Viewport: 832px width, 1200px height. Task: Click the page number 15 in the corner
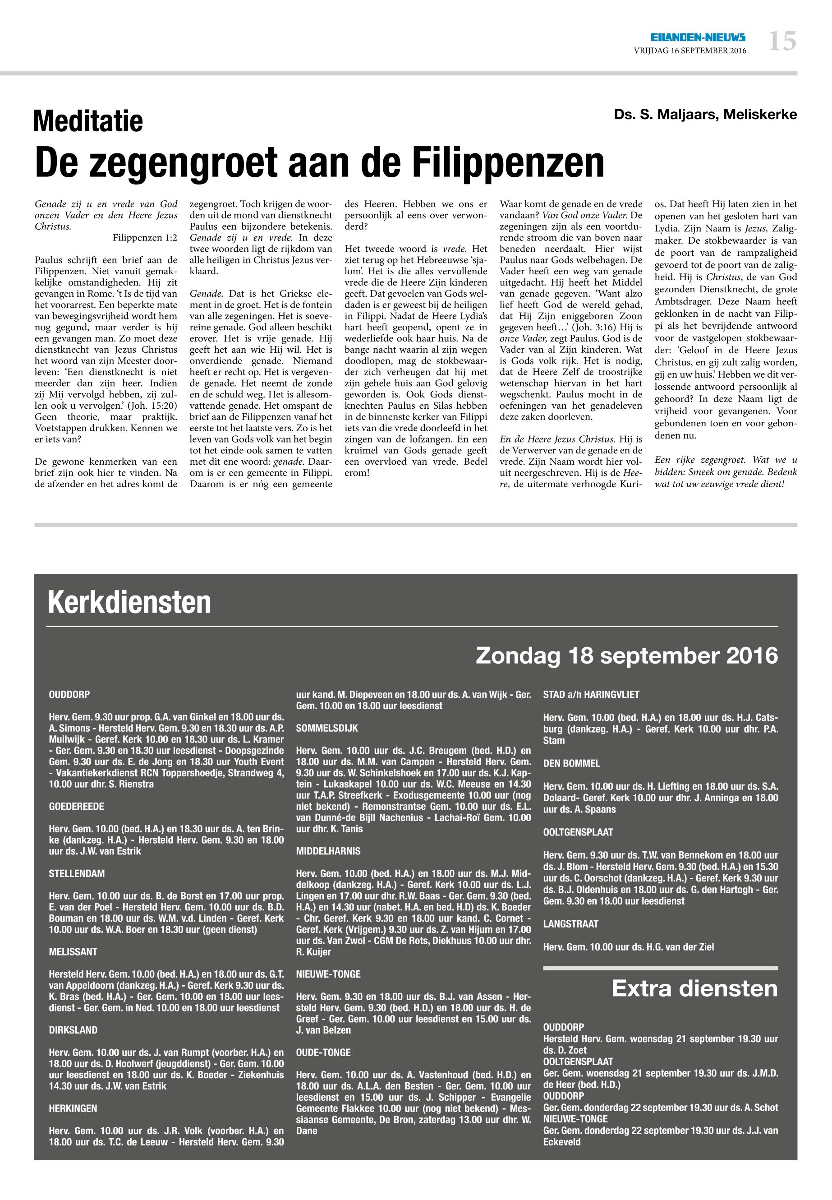pyautogui.click(x=782, y=41)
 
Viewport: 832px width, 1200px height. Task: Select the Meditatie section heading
pyautogui.click(x=88, y=121)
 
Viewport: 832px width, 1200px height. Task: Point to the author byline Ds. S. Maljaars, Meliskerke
pyautogui.click(x=705, y=115)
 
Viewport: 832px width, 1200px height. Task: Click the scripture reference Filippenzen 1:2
pyautogui.click(x=145, y=238)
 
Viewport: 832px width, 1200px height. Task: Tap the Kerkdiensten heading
pyautogui.click(x=129, y=602)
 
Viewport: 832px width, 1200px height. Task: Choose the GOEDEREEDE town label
pyautogui.click(x=77, y=806)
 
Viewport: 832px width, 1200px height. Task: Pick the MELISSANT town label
pyautogui.click(x=73, y=952)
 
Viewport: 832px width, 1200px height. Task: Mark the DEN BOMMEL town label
pyautogui.click(x=571, y=763)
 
